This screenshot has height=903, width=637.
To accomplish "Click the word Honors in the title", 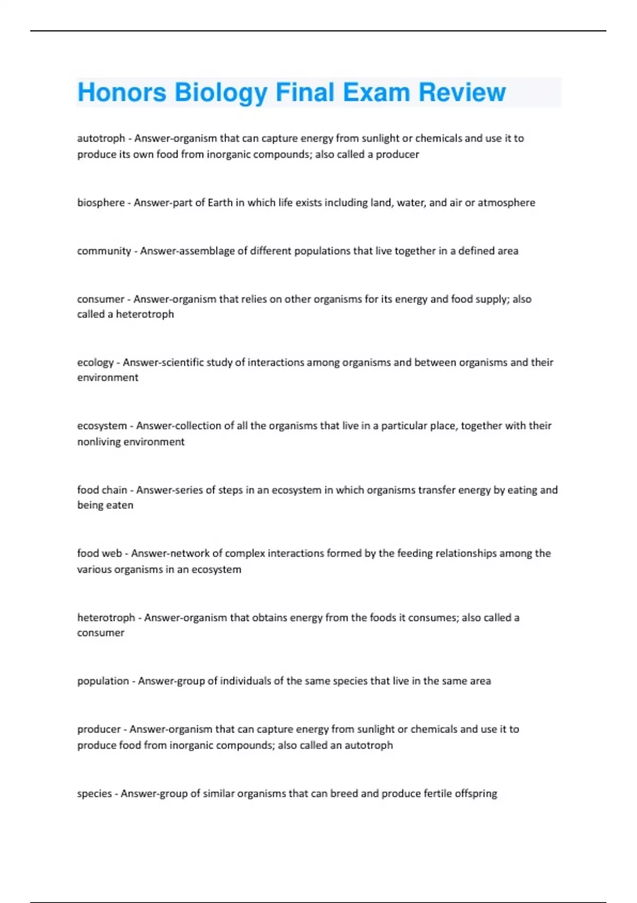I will pyautogui.click(x=122, y=92).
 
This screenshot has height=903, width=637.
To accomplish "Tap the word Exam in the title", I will pyautogui.click(x=377, y=92).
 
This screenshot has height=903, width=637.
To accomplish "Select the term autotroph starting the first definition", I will pyautogui.click(x=101, y=138).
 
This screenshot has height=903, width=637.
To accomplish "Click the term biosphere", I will pyautogui.click(x=101, y=202).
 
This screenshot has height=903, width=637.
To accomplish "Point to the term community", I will pyautogui.click(x=104, y=251).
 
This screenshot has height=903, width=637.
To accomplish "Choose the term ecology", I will pyautogui.click(x=96, y=362).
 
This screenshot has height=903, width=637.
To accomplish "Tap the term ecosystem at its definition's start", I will pyautogui.click(x=102, y=425).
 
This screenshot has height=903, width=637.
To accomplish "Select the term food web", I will pyautogui.click(x=99, y=553).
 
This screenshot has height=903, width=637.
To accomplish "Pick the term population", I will pyautogui.click(x=103, y=681).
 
